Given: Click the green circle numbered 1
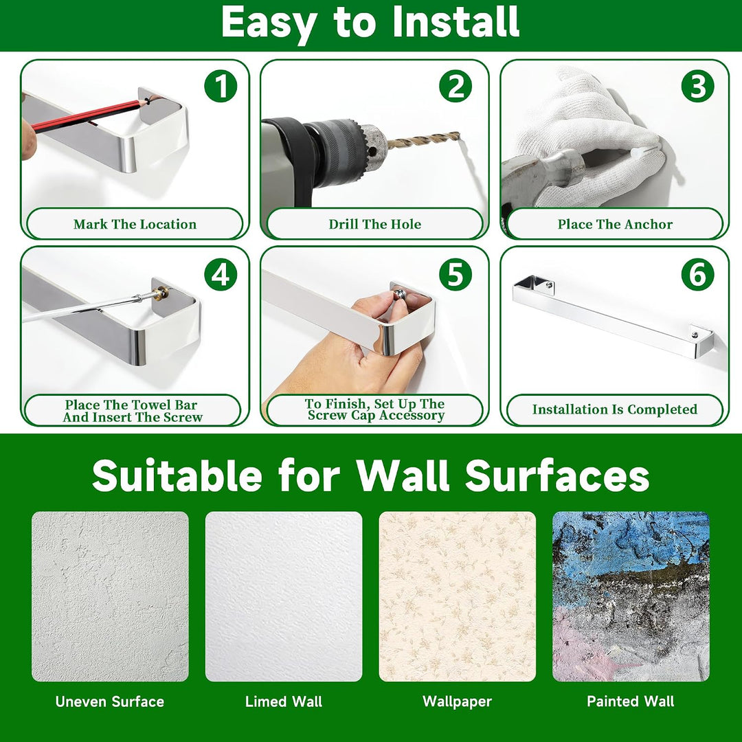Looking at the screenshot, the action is (x=221, y=87).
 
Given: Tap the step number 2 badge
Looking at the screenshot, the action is (x=456, y=87).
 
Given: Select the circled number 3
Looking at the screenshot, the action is (x=697, y=87).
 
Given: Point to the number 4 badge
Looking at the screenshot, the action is (x=221, y=274).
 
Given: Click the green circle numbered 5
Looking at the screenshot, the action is (x=456, y=274).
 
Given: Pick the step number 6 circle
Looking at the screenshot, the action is (x=697, y=274).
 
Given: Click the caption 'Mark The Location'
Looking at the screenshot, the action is (x=135, y=224).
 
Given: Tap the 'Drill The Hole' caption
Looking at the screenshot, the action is (x=375, y=224).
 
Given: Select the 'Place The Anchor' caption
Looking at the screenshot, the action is (x=615, y=224).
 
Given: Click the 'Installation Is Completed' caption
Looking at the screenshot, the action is (x=615, y=409).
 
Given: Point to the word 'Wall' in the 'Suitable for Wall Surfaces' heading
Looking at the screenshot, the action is (x=402, y=475).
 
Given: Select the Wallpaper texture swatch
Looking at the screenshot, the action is (x=457, y=596).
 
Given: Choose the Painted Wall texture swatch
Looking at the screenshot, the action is (x=631, y=596).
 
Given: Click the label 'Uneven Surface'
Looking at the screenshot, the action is (x=110, y=701).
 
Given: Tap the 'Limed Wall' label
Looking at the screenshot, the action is (x=284, y=701).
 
